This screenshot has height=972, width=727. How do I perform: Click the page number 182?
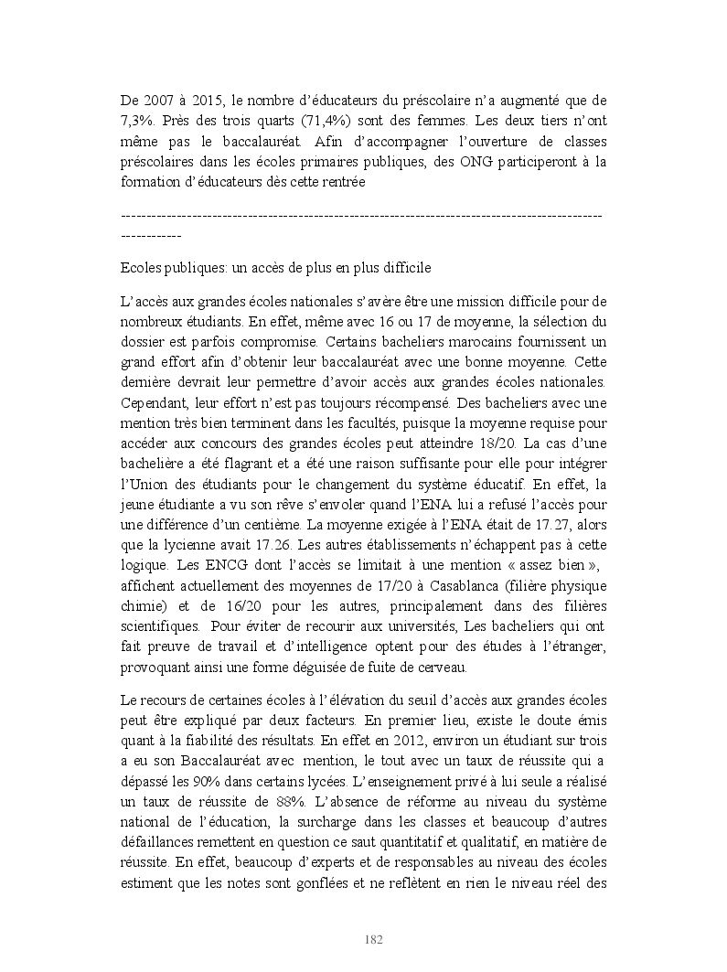tap(373, 940)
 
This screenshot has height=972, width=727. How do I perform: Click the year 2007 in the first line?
tap(163, 100)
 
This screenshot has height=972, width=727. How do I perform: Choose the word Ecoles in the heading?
tap(141, 269)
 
